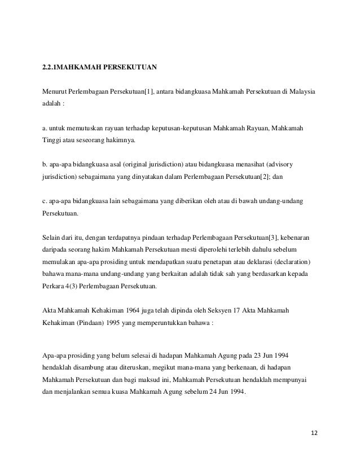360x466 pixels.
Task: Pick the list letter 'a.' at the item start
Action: click(x=46, y=130)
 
